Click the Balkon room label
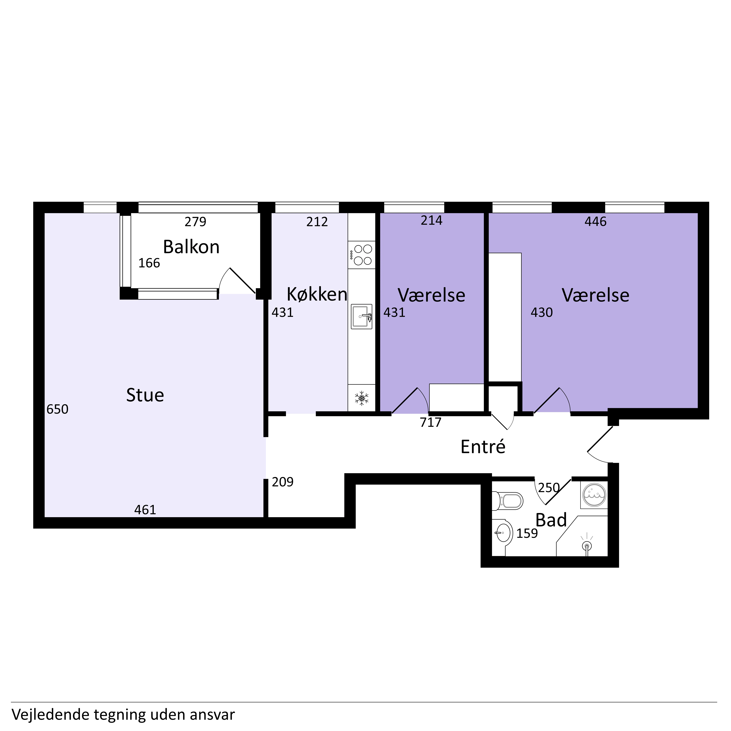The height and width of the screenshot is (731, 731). coord(191,247)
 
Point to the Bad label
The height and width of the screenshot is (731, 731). coord(551,520)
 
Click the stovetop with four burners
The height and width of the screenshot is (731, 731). coord(362,255)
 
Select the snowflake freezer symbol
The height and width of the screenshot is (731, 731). coord(362,398)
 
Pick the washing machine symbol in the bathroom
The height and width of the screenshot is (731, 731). coord(594,495)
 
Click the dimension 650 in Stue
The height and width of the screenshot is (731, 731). coord(58,409)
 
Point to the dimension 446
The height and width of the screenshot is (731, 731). coord(596,221)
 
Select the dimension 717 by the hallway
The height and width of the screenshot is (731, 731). coord(431,422)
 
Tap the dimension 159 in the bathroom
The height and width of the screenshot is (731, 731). coord(527,534)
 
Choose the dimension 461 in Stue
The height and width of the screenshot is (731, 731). coord(145,510)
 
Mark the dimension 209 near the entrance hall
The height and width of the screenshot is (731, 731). coord(283,482)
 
